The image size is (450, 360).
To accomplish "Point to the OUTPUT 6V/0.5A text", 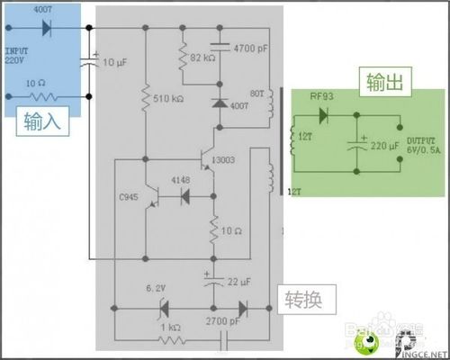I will tap(419, 146).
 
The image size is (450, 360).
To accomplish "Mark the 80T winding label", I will tap(256, 92).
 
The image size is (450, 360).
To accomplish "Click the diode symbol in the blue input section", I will tap(47, 28).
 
